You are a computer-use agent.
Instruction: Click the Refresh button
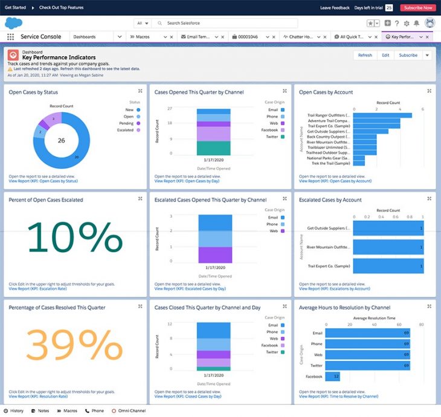coord(365,55)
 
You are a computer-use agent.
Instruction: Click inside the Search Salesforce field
coord(230,23)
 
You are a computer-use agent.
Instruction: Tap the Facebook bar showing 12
coord(332,376)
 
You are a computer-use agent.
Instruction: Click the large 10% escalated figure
coord(75,238)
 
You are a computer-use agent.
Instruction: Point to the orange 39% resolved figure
coord(75,345)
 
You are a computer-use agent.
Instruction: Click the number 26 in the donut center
coord(61,140)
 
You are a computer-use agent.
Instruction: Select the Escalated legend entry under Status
coord(127,130)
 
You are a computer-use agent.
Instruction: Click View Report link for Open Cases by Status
coord(43,181)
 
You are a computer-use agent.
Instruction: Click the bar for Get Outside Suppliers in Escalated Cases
coord(388,229)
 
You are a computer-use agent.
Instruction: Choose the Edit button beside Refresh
coord(385,55)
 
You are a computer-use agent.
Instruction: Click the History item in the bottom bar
coord(14,411)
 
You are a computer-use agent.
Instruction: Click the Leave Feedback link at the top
coord(335,8)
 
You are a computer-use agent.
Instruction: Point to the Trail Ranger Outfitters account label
coord(329,115)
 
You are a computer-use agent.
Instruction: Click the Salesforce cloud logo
coord(13,23)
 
